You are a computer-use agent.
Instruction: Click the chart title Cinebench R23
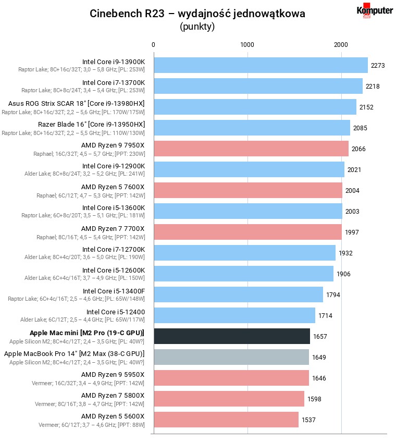coord(197,14)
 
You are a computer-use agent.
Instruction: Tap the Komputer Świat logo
coord(374,11)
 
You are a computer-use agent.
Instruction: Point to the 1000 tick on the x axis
coord(247,45)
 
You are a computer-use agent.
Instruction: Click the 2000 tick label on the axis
coord(341,45)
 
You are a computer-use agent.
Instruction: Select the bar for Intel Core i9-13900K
coord(261,65)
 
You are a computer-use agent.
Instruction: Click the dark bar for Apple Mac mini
coord(232,336)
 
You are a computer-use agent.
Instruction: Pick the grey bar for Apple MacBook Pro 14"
coord(231,357)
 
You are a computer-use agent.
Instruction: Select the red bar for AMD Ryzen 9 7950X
coord(251,149)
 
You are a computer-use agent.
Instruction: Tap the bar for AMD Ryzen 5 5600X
coord(226,420)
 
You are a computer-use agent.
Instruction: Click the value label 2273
coord(378,66)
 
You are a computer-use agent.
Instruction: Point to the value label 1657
coord(320,337)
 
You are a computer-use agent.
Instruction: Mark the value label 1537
coord(308,420)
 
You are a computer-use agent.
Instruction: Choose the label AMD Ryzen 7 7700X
coord(113,228)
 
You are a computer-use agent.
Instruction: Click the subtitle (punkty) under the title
coord(197,27)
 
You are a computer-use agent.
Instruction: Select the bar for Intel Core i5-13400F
coord(238,294)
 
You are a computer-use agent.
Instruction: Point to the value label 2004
coord(352,191)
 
